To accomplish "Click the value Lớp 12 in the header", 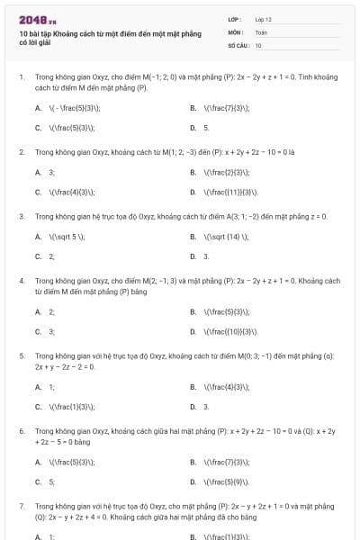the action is [263, 19].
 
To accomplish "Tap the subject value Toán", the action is [261, 31].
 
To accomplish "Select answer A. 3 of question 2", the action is [45, 171].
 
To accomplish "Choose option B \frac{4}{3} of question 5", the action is [220, 387].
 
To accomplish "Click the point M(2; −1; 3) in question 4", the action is [144, 281].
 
